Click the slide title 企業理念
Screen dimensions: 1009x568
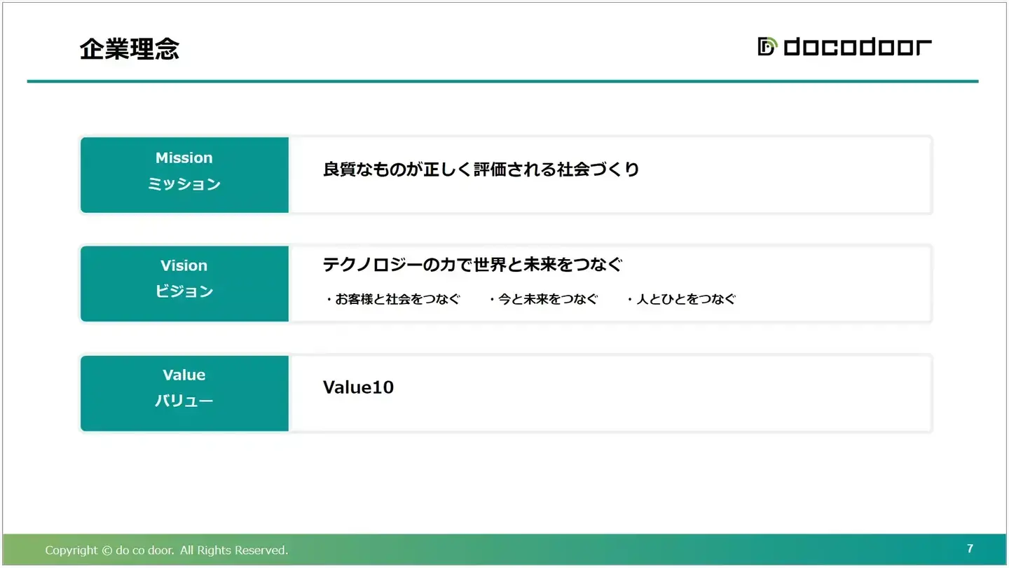[130, 48]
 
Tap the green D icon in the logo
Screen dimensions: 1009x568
[767, 46]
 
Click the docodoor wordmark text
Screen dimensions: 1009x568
[858, 47]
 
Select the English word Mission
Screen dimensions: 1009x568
[184, 158]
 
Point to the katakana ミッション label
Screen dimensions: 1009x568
[184, 183]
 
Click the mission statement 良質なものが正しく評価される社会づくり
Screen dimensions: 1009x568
[481, 169]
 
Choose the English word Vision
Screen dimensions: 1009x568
[184, 265]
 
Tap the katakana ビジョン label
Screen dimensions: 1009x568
[184, 291]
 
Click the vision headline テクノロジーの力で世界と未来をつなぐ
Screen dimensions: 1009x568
[472, 264]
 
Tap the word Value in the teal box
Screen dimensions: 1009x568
[184, 375]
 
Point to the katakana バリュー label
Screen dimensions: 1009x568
[184, 400]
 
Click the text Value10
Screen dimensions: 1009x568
[358, 387]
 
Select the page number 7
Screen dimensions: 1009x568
[970, 548]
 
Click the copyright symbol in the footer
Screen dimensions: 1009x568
[107, 550]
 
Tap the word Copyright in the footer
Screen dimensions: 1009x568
[71, 550]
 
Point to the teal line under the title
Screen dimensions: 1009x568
[502, 81]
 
